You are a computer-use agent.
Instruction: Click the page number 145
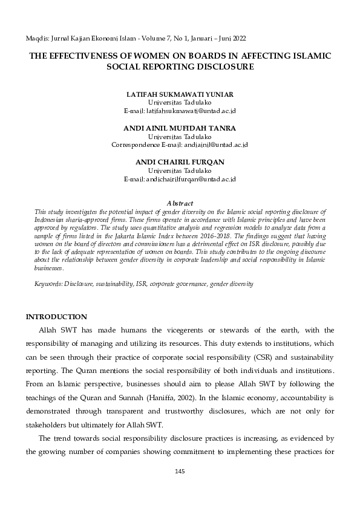(179, 471)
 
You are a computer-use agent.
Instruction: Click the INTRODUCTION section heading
(56, 317)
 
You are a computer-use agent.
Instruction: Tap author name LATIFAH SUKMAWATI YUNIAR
(180, 96)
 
